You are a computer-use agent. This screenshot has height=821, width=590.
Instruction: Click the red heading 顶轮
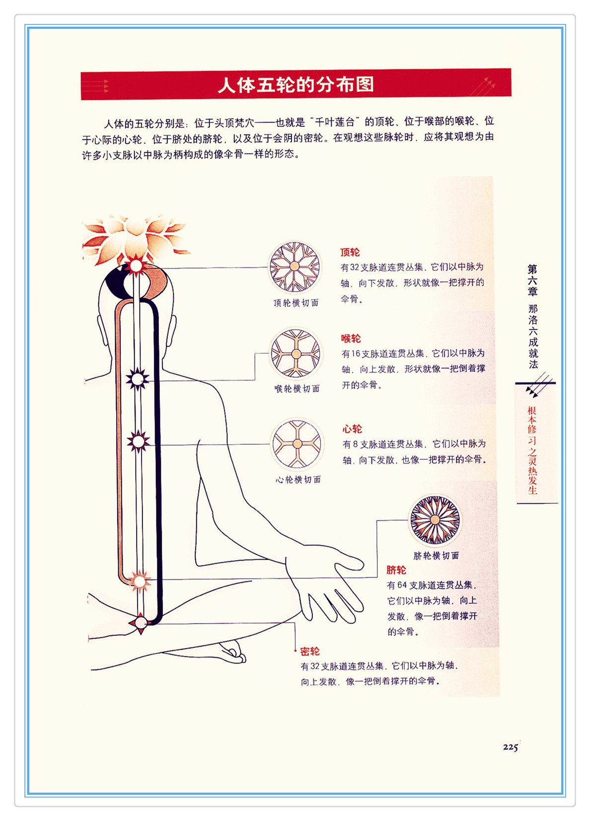click(350, 252)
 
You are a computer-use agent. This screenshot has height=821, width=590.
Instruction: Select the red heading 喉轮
click(351, 338)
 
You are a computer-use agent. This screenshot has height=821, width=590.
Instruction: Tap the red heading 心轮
click(352, 429)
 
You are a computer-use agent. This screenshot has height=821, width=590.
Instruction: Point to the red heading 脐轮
click(396, 570)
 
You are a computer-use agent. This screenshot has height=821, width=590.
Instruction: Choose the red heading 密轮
click(310, 652)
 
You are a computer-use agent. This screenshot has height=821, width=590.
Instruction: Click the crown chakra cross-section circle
click(295, 267)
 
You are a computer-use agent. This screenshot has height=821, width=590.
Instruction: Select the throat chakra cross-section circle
click(296, 354)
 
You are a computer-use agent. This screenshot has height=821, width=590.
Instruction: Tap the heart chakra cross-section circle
click(297, 444)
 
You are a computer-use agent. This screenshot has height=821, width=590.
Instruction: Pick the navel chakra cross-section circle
click(435, 520)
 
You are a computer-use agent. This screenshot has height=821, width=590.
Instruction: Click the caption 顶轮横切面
click(296, 303)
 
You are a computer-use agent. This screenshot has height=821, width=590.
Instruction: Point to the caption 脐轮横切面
click(436, 556)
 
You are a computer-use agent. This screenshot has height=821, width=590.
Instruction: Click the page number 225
click(510, 747)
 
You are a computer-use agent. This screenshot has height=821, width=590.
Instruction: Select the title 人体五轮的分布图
click(295, 85)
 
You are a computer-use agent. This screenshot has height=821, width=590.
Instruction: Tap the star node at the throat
click(138, 379)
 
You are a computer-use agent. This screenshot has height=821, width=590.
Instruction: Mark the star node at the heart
click(138, 441)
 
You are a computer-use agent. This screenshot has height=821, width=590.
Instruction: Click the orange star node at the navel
click(139, 581)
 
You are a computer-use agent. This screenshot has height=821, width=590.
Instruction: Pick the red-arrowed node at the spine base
click(141, 623)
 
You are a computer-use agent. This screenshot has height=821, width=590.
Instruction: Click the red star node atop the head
click(136, 266)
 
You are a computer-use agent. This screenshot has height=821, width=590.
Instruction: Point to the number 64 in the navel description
click(402, 585)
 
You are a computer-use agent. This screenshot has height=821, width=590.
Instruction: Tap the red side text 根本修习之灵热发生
click(532, 450)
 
